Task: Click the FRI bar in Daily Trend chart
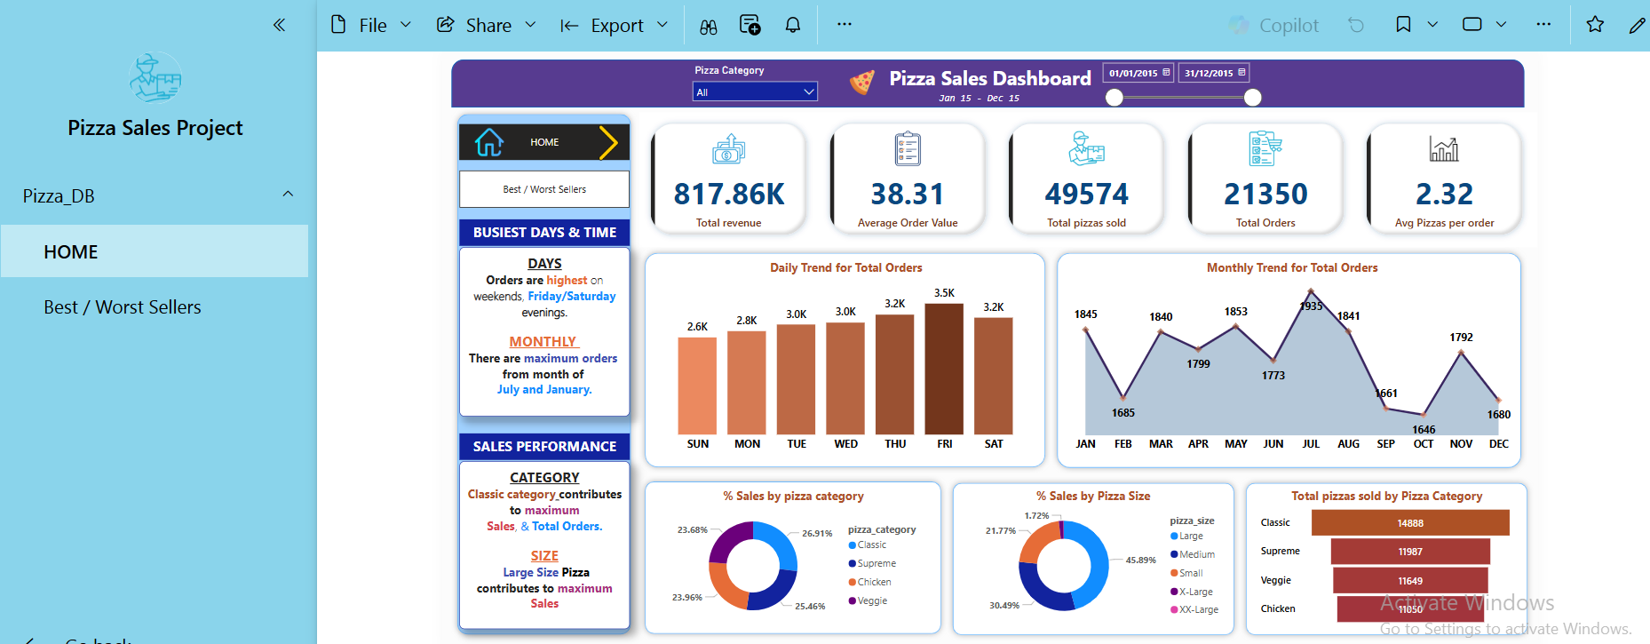[944, 369]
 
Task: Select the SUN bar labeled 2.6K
[697, 386]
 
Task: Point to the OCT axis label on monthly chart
[1423, 444]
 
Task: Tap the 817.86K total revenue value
[729, 194]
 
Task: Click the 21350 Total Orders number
[1265, 194]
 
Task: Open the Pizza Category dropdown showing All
[754, 91]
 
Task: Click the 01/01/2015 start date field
[1138, 73]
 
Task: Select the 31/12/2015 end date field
[1214, 73]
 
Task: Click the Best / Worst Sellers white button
[543, 189]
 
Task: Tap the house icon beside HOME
[488, 142]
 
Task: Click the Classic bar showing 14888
[1409, 523]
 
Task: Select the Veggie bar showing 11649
[1409, 581]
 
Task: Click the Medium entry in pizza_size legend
[1196, 554]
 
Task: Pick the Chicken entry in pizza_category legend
[873, 583]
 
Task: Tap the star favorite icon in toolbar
[1595, 25]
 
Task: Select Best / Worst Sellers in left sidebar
[123, 307]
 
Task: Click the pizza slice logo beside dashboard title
[861, 83]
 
